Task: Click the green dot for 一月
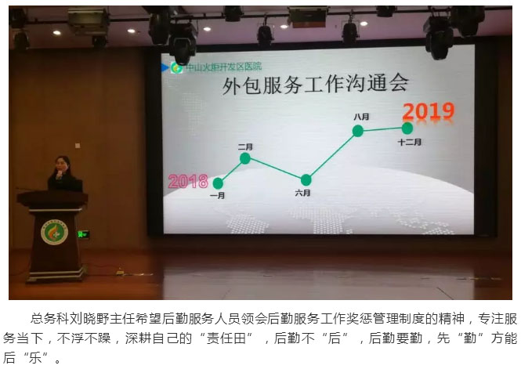218,183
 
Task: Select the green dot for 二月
245,158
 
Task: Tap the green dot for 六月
306,180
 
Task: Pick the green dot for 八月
357,131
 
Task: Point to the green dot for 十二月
407,128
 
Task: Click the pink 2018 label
188,181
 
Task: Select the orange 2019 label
429,111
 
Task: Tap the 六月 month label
302,193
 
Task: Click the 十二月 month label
409,142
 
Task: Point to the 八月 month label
361,117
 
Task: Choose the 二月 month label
245,147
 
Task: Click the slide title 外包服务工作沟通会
315,85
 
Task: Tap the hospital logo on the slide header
176,67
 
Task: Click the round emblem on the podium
54,232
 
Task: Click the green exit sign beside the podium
83,234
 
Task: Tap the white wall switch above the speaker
78,146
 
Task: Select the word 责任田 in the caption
226,338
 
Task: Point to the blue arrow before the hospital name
165,67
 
